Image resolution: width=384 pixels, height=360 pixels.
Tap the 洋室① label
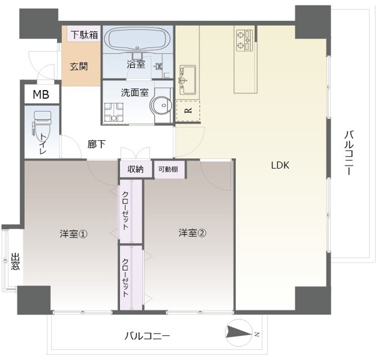(74, 233)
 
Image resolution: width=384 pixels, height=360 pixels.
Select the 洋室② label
(192, 233)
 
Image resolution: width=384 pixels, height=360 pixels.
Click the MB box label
(41, 94)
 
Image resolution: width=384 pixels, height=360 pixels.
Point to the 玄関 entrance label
(78, 66)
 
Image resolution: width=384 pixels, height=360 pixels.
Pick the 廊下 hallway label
(96, 144)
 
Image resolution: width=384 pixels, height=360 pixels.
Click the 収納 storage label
(136, 169)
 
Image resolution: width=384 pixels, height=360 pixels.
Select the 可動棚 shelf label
(167, 169)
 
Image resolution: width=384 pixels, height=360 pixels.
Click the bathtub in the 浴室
(137, 40)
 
